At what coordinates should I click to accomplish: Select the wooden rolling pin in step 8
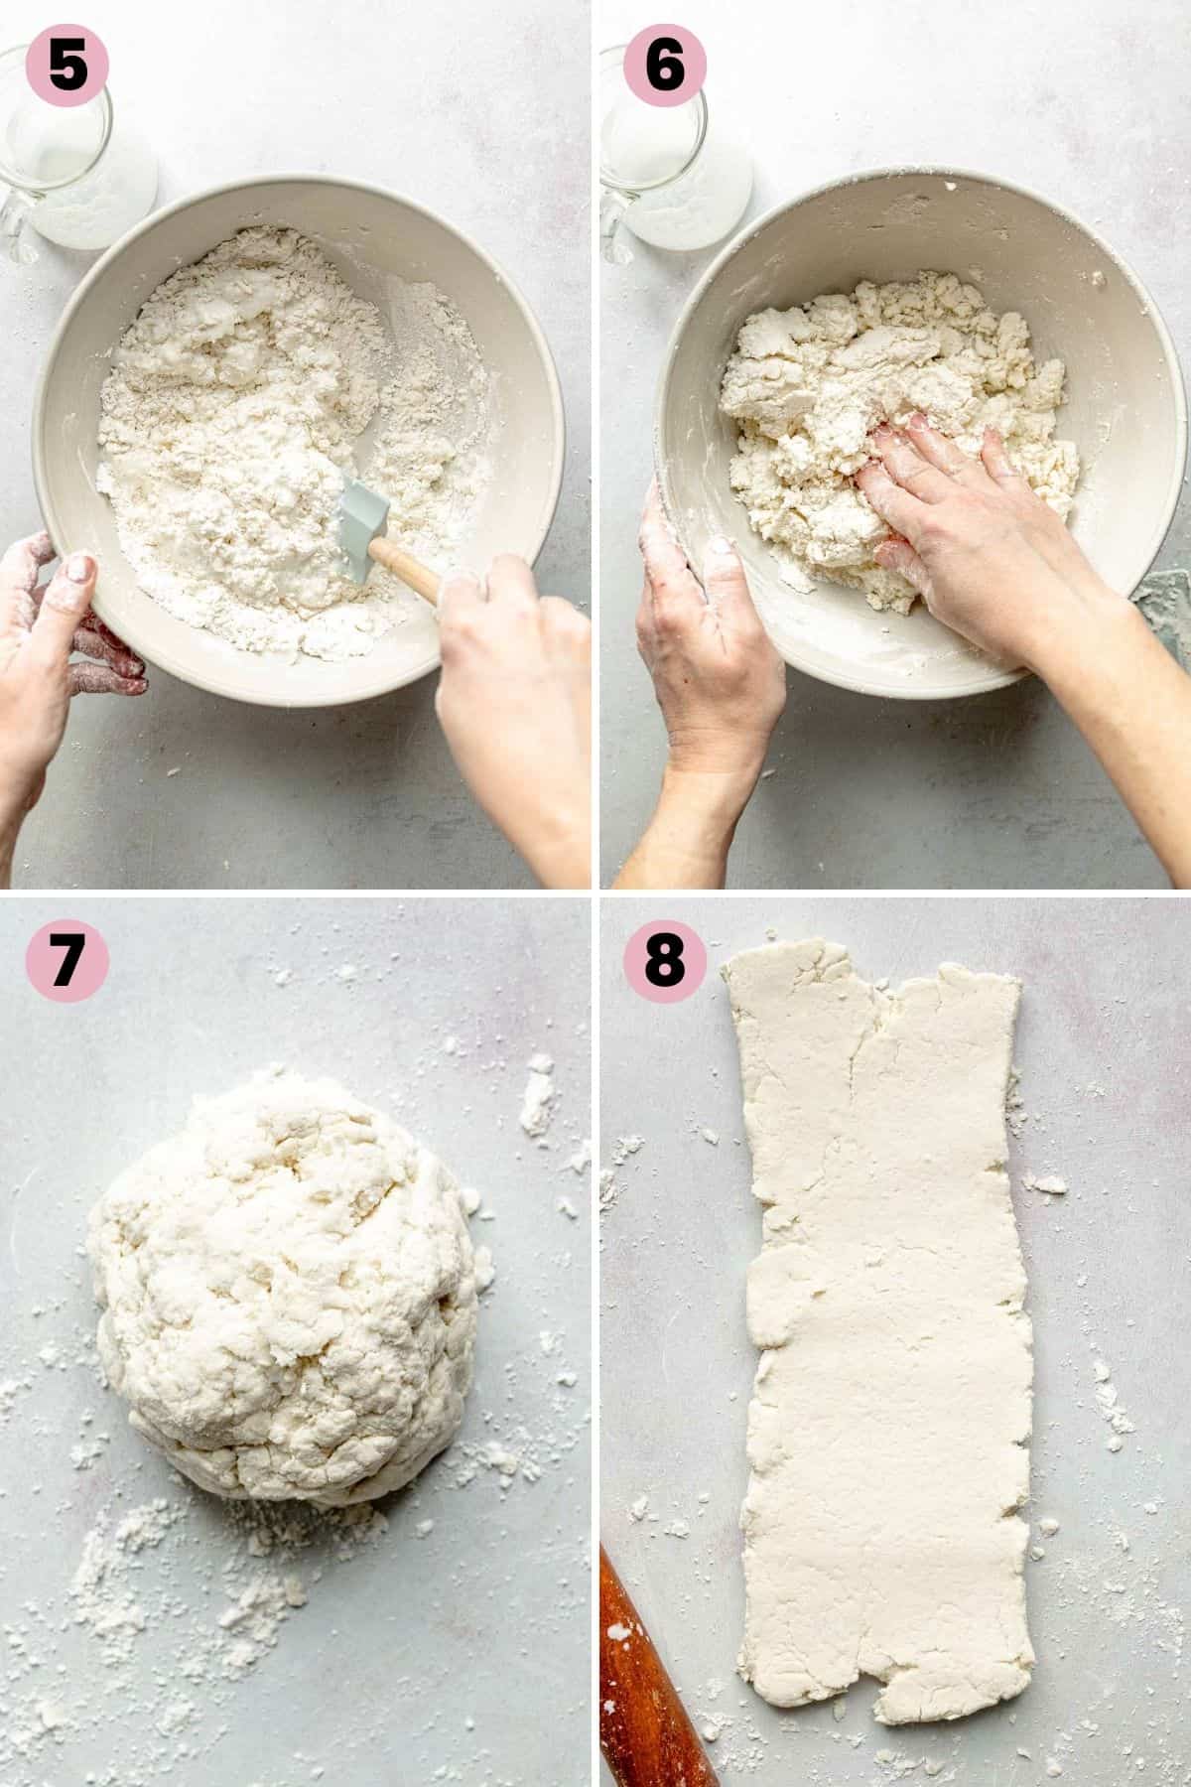[655, 1678]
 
